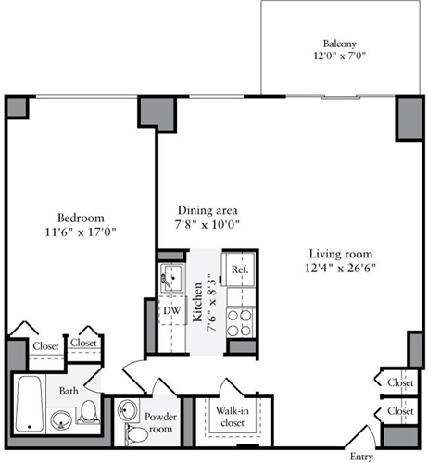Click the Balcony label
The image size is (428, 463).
click(340, 44)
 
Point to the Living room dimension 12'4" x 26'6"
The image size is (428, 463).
click(340, 269)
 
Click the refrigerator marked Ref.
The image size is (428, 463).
click(239, 269)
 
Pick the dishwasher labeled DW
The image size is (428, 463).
click(171, 310)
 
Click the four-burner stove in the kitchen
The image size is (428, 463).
click(240, 319)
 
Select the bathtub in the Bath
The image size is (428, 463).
click(29, 405)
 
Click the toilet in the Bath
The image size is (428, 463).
click(89, 411)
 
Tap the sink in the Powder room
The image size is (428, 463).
click(130, 411)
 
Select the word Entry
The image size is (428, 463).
click(362, 456)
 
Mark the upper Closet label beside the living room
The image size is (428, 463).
click(400, 382)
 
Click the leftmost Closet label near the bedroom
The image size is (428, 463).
click(46, 345)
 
